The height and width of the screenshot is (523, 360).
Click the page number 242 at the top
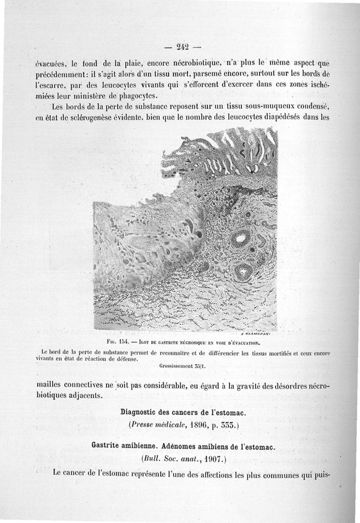point(182,46)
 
